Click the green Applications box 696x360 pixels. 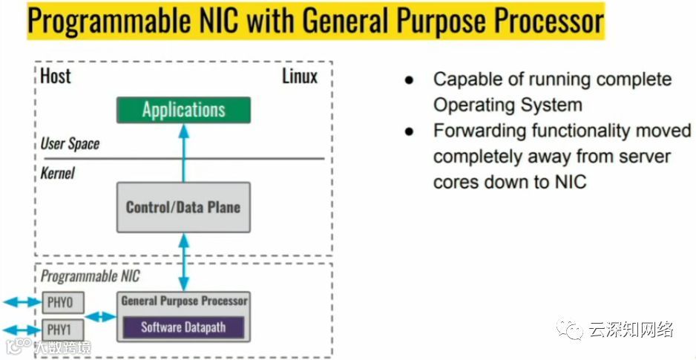click(x=183, y=111)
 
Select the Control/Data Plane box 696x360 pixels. click(x=183, y=206)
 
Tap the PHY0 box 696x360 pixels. click(x=63, y=302)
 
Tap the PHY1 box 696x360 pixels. click(x=63, y=329)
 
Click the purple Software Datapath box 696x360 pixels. click(x=183, y=327)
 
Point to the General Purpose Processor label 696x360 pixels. click(x=184, y=301)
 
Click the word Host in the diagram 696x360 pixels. click(x=56, y=75)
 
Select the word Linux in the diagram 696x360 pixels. click(x=300, y=76)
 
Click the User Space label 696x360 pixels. click(x=70, y=143)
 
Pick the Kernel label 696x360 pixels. click(x=58, y=173)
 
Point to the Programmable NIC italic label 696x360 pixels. click(x=90, y=276)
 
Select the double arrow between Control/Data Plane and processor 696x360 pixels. click(x=184, y=262)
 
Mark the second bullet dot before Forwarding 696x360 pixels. click(x=409, y=131)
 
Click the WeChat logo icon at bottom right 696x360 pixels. click(x=571, y=328)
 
